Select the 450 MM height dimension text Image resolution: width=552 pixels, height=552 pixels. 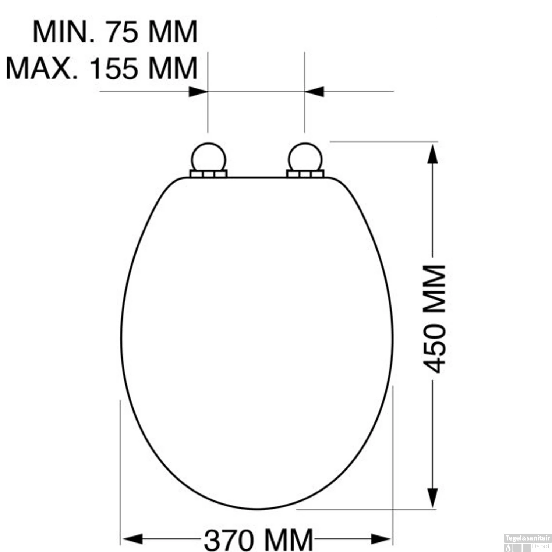click(x=434, y=318)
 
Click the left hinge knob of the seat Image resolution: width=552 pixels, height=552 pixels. click(x=208, y=158)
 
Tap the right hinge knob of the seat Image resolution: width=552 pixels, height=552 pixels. click(x=305, y=158)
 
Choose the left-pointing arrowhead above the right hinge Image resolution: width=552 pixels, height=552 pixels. click(x=315, y=92)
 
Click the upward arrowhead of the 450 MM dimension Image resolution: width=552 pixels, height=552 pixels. click(x=432, y=154)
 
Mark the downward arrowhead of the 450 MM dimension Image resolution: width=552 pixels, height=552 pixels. click(x=432, y=498)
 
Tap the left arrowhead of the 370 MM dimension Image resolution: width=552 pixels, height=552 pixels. click(x=132, y=539)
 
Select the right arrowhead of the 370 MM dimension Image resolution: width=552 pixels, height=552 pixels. click(x=381, y=539)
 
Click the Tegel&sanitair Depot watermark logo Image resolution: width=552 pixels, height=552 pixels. click(x=527, y=543)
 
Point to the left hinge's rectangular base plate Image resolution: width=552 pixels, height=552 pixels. click(x=208, y=174)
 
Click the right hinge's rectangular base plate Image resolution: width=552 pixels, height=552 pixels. click(x=305, y=174)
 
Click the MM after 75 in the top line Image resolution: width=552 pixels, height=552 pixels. click(x=173, y=32)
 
